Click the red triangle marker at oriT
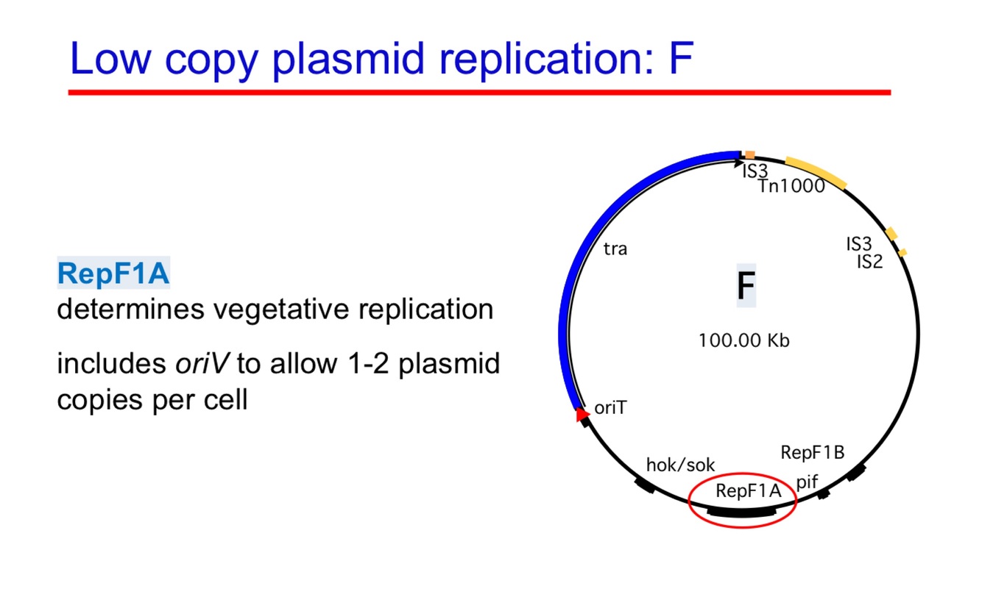[x=582, y=416]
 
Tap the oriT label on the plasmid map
[x=610, y=407]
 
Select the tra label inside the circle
[x=615, y=249]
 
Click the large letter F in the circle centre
[x=745, y=287]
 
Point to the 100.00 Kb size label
[x=743, y=340]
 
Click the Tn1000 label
[x=791, y=185]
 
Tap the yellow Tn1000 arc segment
[x=816, y=171]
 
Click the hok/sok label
[x=680, y=464]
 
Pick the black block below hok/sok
[x=645, y=485]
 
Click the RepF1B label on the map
[x=813, y=452]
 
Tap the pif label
[x=808, y=481]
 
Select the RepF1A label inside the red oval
[x=747, y=491]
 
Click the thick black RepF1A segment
[x=742, y=512]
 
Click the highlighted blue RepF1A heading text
[x=113, y=274]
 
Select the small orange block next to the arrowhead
[x=749, y=154]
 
